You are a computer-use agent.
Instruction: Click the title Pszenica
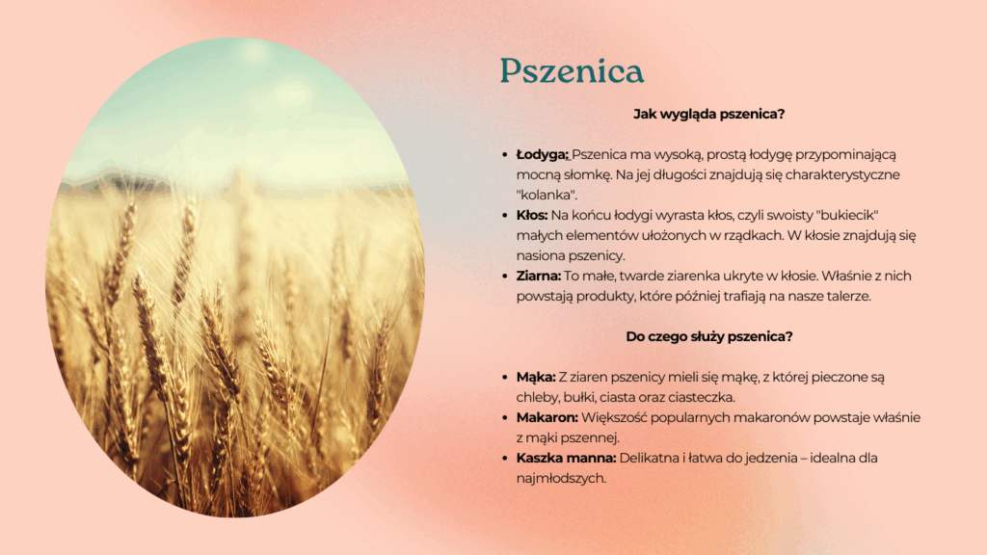click(572, 70)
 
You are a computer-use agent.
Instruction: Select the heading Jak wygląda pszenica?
click(708, 114)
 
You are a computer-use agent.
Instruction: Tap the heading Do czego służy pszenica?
click(708, 336)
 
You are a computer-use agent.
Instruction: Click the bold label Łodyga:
click(542, 155)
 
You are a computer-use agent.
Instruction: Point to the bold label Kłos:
click(532, 215)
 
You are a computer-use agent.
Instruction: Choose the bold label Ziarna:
click(538, 276)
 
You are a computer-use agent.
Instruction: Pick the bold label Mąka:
click(536, 378)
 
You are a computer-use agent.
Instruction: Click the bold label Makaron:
click(547, 417)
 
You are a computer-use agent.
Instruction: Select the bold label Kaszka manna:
click(566, 458)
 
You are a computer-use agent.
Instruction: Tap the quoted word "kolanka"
click(547, 195)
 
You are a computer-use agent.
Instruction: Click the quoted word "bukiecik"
click(847, 215)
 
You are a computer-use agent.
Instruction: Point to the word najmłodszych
click(561, 478)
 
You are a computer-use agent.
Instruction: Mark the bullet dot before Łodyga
click(505, 155)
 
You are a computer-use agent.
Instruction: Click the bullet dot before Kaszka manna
click(505, 458)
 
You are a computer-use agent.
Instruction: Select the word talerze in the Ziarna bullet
click(848, 297)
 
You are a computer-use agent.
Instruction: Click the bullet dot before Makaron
click(505, 418)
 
